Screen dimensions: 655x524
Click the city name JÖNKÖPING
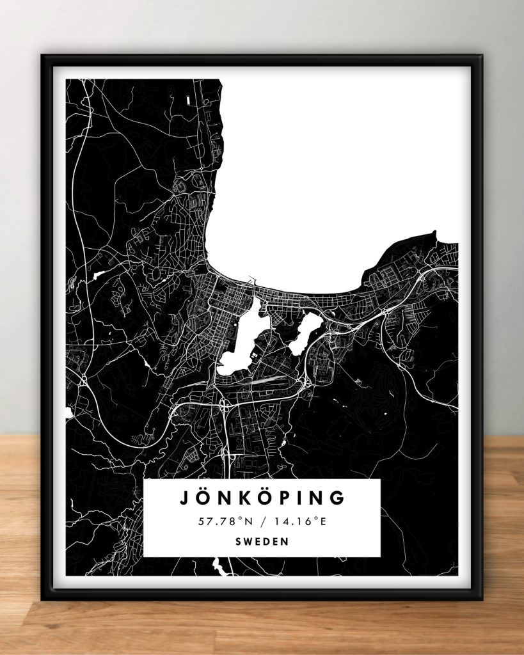[262, 498]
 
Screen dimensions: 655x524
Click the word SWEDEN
[262, 541]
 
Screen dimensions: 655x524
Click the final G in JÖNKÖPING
[337, 498]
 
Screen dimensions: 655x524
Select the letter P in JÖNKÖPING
[276, 498]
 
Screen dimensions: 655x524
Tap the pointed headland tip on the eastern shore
[434, 233]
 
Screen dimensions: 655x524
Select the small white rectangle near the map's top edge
[188, 100]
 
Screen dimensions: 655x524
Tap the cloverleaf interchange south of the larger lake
[223, 404]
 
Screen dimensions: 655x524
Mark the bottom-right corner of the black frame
[482, 599]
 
